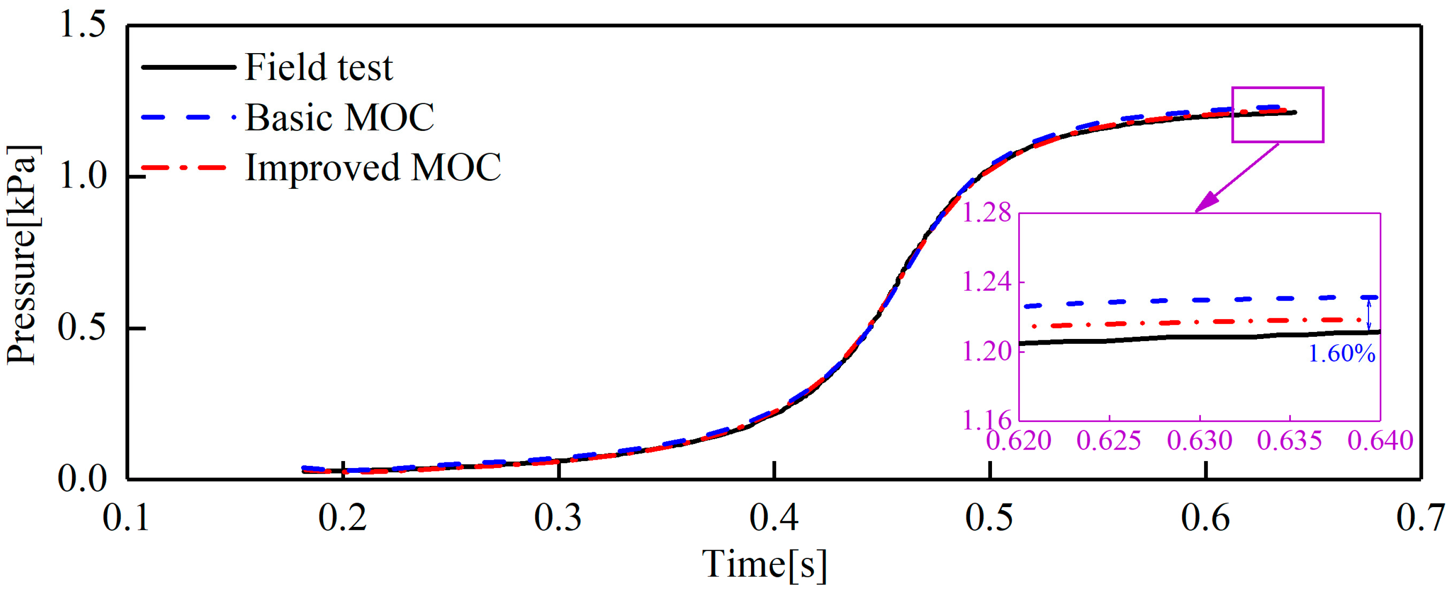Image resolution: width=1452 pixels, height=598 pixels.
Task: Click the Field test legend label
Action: click(319, 68)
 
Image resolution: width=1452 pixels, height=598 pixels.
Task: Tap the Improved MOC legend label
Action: click(373, 168)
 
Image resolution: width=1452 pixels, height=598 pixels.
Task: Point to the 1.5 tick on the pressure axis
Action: click(82, 25)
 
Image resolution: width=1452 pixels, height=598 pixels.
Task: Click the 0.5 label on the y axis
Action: click(82, 328)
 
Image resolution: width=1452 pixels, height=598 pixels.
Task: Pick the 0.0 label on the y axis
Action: click(82, 479)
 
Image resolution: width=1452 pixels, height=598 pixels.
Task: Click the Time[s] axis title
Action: click(764, 564)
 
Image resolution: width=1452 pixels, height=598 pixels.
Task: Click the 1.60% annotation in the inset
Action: click(1341, 354)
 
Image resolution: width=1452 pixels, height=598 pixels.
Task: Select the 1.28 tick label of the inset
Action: click(986, 214)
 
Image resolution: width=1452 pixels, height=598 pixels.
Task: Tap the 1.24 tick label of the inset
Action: click(986, 282)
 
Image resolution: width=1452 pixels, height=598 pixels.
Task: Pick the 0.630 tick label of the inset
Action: click(1200, 441)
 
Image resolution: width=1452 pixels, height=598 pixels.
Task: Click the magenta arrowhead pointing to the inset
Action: click(1206, 203)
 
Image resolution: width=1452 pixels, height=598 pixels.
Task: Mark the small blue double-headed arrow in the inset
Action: click(1369, 314)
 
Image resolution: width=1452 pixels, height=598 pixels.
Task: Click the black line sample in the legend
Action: click(188, 68)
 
